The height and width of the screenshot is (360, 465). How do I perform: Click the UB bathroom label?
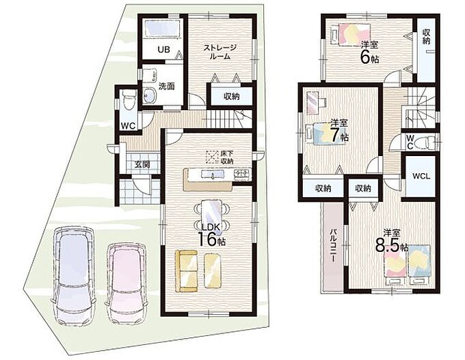(163, 49)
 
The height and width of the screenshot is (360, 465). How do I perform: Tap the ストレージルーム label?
(220, 51)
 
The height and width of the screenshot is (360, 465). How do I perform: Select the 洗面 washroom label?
(167, 86)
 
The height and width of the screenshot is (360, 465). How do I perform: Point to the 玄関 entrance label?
(142, 164)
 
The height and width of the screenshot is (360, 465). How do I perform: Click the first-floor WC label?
(128, 126)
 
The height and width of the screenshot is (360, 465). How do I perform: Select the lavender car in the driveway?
(74, 276)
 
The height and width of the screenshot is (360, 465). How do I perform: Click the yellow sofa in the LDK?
(187, 271)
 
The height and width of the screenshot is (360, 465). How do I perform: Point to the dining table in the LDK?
(211, 215)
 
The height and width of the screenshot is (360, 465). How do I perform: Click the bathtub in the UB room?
(162, 29)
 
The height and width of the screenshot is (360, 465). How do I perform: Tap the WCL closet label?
(421, 177)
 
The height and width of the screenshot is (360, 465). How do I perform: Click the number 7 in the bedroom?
(335, 135)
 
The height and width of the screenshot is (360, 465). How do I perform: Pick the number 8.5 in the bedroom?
(387, 245)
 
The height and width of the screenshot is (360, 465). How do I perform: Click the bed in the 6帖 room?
(351, 34)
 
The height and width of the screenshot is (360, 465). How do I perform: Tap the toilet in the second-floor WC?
(427, 142)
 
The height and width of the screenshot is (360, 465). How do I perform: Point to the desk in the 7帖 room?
(314, 103)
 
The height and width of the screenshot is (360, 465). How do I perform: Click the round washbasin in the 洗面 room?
(150, 95)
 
